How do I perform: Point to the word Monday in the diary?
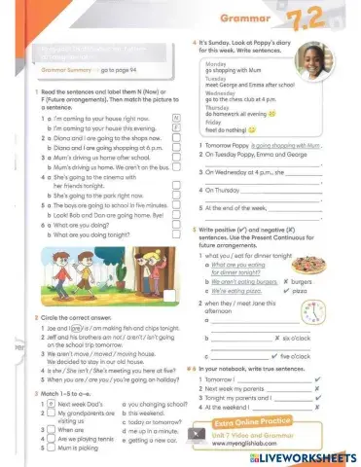click(216, 63)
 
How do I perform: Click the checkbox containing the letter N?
click(176, 117)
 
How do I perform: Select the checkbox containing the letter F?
click(176, 126)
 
